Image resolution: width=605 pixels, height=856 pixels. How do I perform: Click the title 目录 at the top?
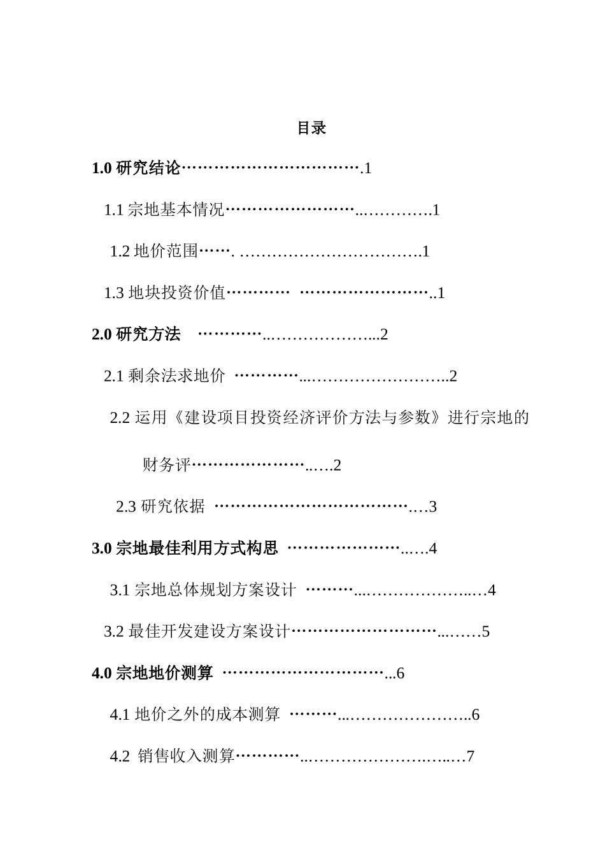coord(311,128)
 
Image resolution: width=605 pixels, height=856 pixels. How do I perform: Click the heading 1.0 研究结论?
coord(136,169)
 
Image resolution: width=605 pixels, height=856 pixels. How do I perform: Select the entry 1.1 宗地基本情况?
coord(164,210)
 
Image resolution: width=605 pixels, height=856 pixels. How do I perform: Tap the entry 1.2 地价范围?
coord(154,252)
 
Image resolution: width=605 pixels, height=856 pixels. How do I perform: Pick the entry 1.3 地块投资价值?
coord(165,293)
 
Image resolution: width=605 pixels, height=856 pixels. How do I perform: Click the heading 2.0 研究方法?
coord(136,334)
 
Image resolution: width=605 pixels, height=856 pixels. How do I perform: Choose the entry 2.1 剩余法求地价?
coord(164,376)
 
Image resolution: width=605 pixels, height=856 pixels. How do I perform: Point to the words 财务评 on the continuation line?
coord(166,466)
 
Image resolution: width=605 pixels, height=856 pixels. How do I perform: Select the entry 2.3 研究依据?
coord(160,507)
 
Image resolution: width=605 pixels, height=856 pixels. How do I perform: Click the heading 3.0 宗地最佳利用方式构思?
coord(185,548)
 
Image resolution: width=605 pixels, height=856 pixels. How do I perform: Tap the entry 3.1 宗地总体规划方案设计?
coord(203,590)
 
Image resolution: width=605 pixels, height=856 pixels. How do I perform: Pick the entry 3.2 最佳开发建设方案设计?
coord(197,632)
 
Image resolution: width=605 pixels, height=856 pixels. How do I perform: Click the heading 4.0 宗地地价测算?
coord(152,673)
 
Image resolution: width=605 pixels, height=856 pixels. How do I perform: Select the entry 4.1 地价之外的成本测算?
coord(195,715)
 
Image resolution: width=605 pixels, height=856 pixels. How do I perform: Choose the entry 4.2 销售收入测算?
coord(173,757)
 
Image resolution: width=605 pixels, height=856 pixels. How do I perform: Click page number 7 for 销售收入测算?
coord(471,757)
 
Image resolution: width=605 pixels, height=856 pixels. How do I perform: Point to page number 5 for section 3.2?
coord(486,632)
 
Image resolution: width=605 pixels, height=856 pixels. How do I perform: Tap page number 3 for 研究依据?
coord(433,507)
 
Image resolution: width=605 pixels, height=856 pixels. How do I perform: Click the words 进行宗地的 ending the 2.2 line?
coord(488,418)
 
